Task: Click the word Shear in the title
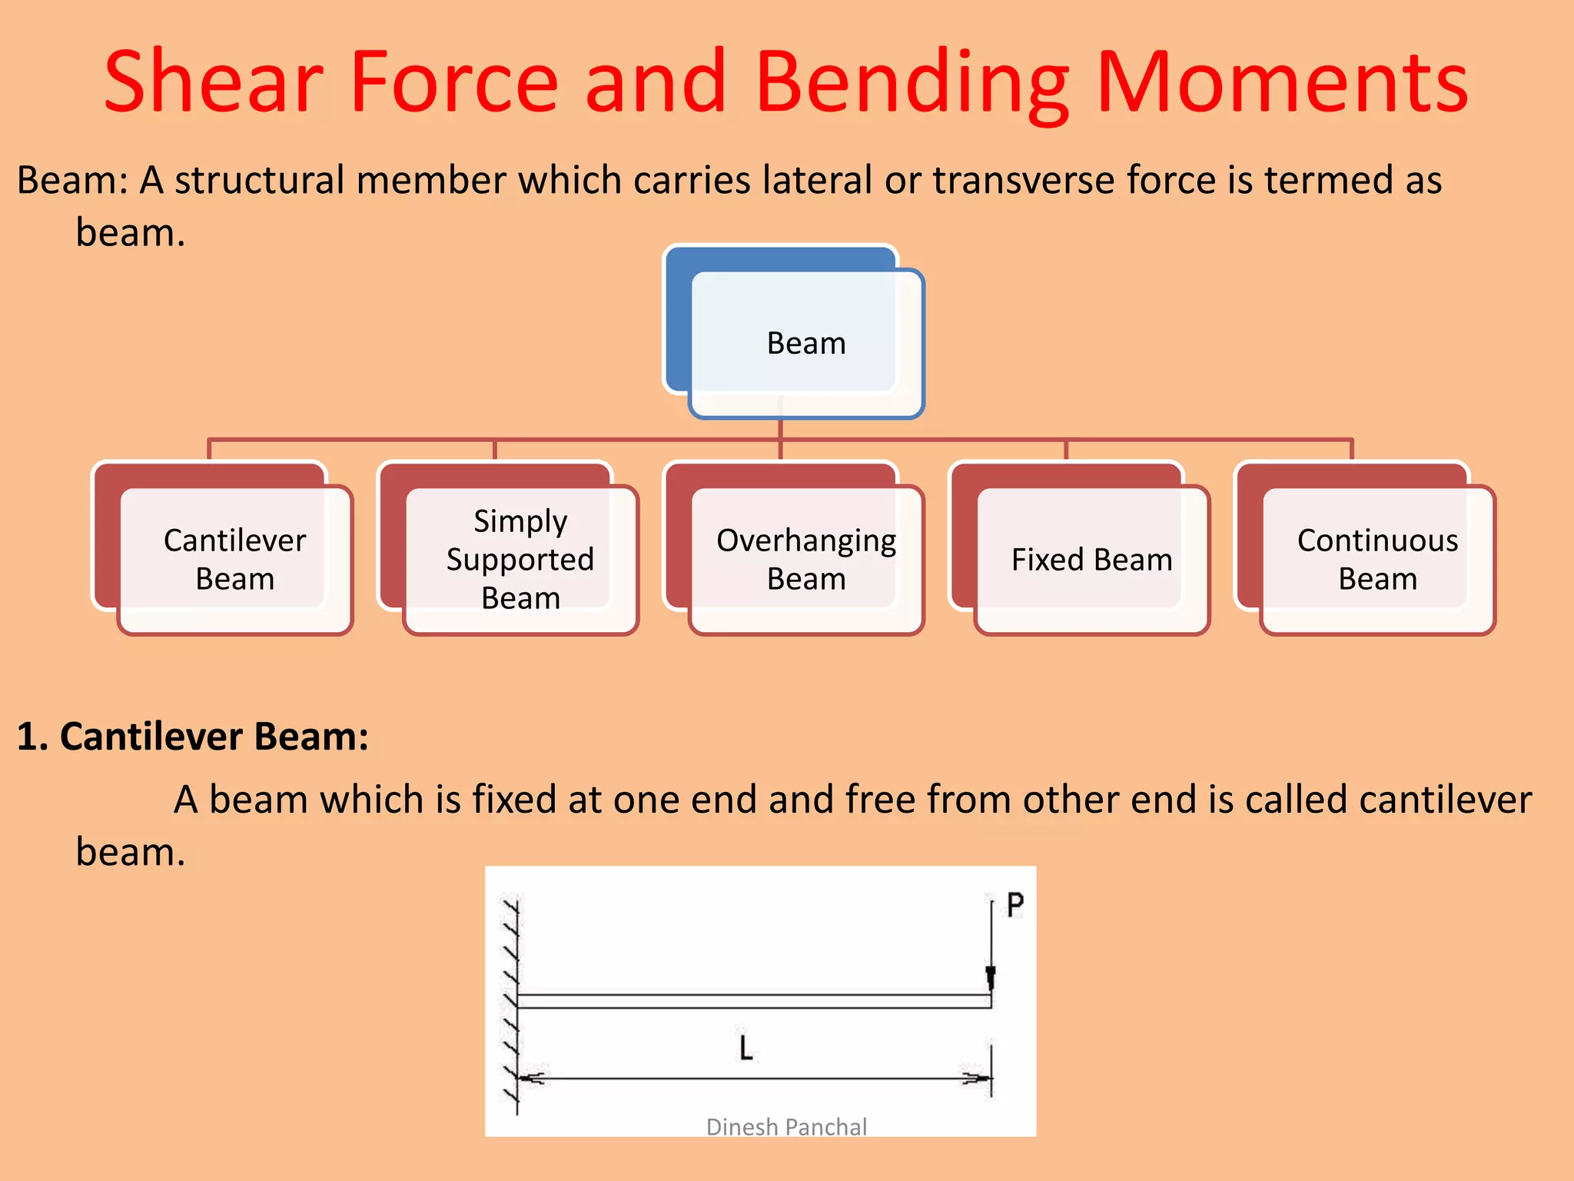click(x=214, y=82)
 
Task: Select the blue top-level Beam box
click(x=805, y=343)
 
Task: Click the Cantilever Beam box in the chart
click(x=234, y=559)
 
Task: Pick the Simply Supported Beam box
click(x=520, y=559)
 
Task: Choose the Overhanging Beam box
click(x=805, y=559)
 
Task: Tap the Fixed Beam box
click(x=1091, y=559)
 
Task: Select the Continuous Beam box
click(x=1377, y=559)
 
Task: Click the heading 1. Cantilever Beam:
click(x=192, y=737)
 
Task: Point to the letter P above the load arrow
click(x=1014, y=905)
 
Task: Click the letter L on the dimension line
click(x=745, y=1048)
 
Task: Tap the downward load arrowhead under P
click(x=991, y=978)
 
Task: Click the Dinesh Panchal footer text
click(x=786, y=1127)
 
